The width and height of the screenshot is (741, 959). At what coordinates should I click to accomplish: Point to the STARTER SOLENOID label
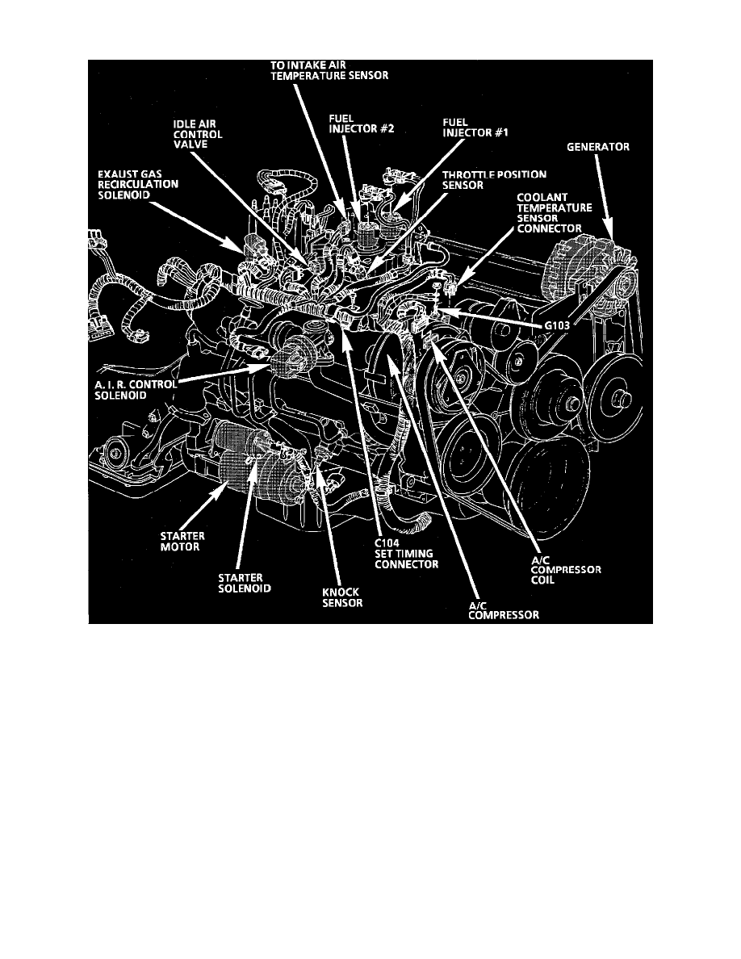(x=245, y=583)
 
